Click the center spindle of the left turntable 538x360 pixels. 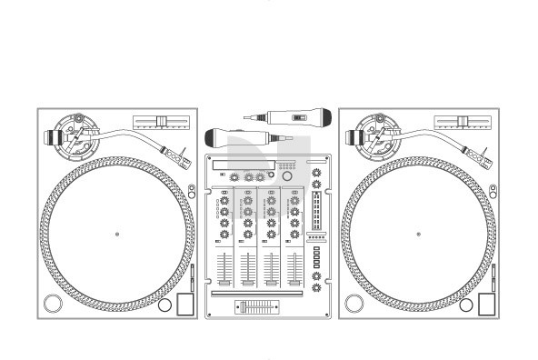click(x=117, y=234)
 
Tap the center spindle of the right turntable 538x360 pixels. click(x=419, y=234)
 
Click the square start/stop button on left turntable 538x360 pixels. click(x=184, y=303)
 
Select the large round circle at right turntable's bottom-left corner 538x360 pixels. click(x=355, y=303)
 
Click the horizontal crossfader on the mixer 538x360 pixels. click(x=258, y=307)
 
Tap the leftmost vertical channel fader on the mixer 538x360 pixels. click(x=224, y=272)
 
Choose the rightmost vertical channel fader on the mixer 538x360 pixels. click(x=294, y=272)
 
